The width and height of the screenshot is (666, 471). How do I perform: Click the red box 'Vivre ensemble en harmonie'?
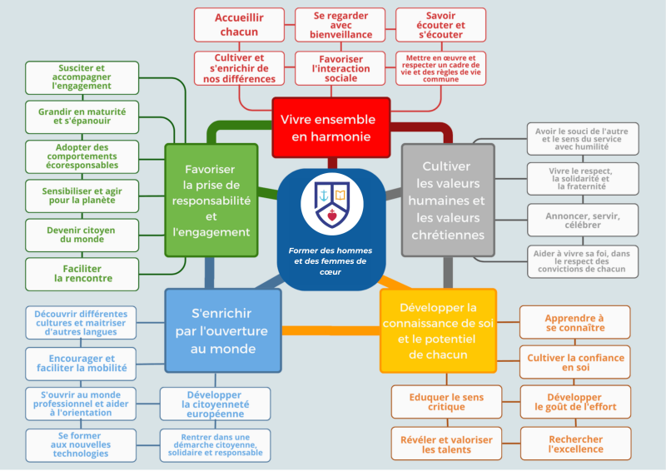pos(331,127)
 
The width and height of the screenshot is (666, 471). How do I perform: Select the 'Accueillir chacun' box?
pos(239,25)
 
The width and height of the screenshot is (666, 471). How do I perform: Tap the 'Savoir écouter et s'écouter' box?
pos(440,25)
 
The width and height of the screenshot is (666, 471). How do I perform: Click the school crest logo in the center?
pos(331,203)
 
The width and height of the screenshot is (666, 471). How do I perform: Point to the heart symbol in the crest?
pos(332,216)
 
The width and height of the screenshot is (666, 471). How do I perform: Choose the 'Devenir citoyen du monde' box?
pos(82,235)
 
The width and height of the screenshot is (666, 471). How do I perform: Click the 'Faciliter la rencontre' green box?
pos(82,274)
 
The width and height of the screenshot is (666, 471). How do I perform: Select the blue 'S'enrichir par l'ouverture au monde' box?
pos(223,331)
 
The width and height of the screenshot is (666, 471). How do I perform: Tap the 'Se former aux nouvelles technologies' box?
pos(81,445)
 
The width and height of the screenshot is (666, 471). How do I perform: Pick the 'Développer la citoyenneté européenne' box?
pos(216,404)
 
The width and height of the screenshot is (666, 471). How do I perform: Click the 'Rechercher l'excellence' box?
pos(575,444)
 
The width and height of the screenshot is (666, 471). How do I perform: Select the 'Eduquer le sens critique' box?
pos(446,402)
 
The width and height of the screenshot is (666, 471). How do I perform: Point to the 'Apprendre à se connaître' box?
pos(574,322)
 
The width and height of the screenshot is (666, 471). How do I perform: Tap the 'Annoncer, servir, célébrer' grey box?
pos(583,220)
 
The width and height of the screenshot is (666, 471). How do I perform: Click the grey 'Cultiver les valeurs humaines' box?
pos(448,200)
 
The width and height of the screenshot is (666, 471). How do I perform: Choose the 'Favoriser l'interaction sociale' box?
pos(340,68)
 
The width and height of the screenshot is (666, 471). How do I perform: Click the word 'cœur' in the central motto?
pos(331,272)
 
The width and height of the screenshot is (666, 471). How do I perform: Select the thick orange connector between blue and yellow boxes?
pos(331,331)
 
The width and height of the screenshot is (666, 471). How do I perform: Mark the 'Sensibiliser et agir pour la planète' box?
pos(82,196)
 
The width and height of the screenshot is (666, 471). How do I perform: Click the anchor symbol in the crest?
pos(324,196)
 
